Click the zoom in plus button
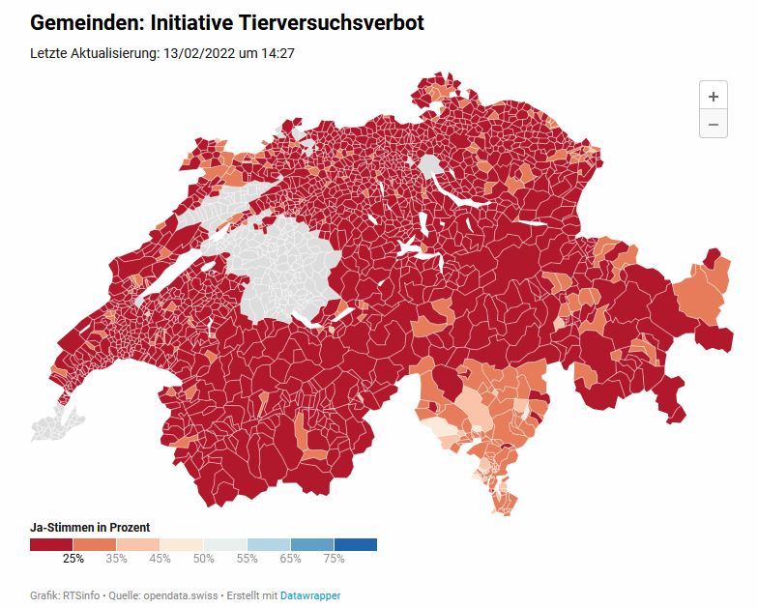pyautogui.click(x=713, y=96)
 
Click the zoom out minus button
pyautogui.click(x=713, y=124)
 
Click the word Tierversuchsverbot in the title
pyautogui.click(x=325, y=22)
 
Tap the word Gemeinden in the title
pyautogui.click(x=85, y=22)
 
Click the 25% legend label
pyautogui.click(x=73, y=558)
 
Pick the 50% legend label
pyautogui.click(x=204, y=558)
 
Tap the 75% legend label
pyautogui.click(x=334, y=558)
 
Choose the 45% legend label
pyautogui.click(x=160, y=558)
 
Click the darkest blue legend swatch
pyautogui.click(x=355, y=544)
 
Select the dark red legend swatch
pyautogui.click(x=51, y=544)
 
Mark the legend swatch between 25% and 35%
pyautogui.click(x=95, y=544)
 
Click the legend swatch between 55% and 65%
pyautogui.click(x=269, y=544)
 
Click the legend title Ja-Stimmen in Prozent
pyautogui.click(x=90, y=527)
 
